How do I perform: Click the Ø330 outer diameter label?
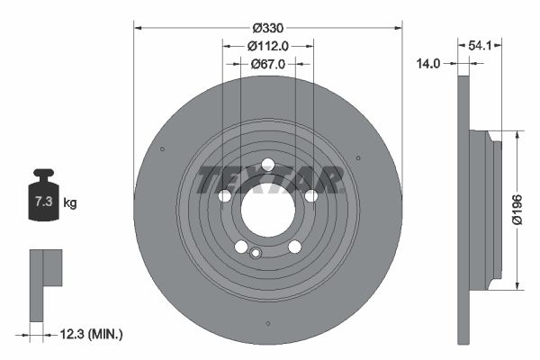click(x=267, y=28)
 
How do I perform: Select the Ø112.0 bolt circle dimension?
click(x=267, y=46)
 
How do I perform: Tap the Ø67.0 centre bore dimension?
click(x=267, y=64)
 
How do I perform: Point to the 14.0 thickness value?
click(x=428, y=64)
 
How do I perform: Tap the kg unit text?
click(x=69, y=203)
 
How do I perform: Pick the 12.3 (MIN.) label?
click(x=89, y=334)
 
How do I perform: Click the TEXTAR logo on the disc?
click(x=268, y=180)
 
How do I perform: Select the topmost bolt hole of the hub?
click(x=267, y=164)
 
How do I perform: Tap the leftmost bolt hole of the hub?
click(x=224, y=195)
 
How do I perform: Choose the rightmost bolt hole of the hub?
click(x=311, y=195)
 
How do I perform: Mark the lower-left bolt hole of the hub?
click(x=240, y=247)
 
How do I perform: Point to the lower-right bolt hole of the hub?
click(x=294, y=247)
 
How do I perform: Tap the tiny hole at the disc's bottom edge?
click(x=267, y=325)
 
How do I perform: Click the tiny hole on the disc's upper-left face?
click(x=161, y=149)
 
